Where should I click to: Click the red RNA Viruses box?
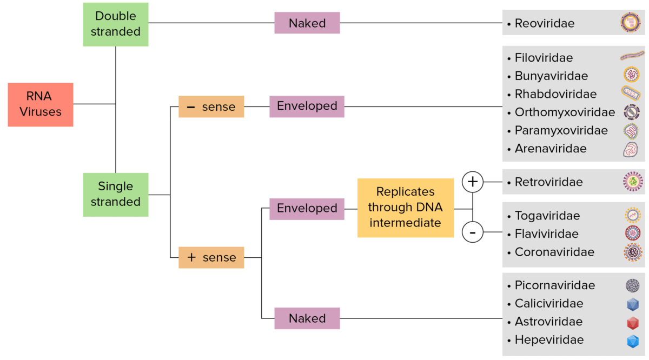coord(40,104)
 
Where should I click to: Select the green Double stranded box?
coord(115,24)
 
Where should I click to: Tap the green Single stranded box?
coord(115,194)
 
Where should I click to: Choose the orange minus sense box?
coord(211,106)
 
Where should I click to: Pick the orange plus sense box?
coord(211,257)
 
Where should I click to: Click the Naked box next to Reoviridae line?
coord(307,23)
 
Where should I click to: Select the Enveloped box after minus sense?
coord(307,106)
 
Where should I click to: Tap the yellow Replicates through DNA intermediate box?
coord(405,208)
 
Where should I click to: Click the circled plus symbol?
coord(473,182)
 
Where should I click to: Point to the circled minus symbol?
coord(473,233)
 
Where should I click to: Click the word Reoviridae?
coord(544,23)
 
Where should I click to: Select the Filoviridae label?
coord(544,58)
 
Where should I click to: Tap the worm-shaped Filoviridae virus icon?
coord(632,55)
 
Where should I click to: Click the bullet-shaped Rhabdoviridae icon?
coord(632,94)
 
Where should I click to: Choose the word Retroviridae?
coord(548,182)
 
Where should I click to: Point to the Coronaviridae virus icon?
coord(632,252)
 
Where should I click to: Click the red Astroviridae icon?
coord(632,323)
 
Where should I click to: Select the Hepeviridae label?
coord(549,340)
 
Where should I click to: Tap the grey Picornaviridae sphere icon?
coord(632,285)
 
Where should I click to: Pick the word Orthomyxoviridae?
coord(565,112)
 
